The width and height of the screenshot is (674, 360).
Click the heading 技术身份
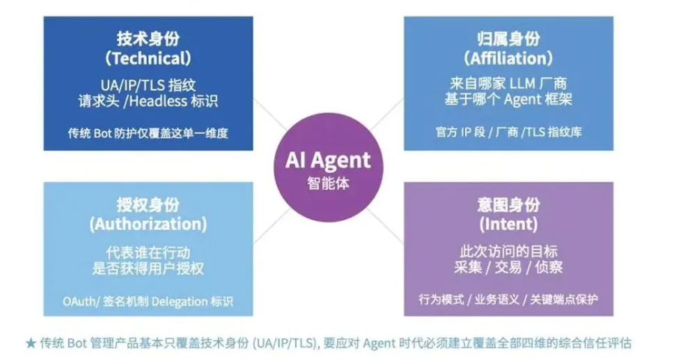coord(148,39)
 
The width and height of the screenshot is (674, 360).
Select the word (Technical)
coord(148,58)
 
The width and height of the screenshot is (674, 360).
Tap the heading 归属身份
coord(508,39)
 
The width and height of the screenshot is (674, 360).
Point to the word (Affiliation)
coord(508,58)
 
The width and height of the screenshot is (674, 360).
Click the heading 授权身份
coord(148,204)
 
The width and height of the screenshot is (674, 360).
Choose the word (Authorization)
coord(148,224)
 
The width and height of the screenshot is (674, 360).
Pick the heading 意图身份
coord(508,204)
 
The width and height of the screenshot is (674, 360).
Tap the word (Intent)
coord(508,224)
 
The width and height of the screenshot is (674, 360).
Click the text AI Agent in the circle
coord(328,160)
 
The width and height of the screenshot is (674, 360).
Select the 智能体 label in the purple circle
coord(329,183)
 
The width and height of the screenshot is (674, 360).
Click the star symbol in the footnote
coord(31,344)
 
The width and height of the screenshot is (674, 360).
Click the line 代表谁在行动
coord(148,253)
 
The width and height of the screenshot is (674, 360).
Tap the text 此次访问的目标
coord(508,251)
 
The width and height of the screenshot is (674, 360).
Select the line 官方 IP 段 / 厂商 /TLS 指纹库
coord(508,132)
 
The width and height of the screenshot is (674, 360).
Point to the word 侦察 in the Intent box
coord(549,267)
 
